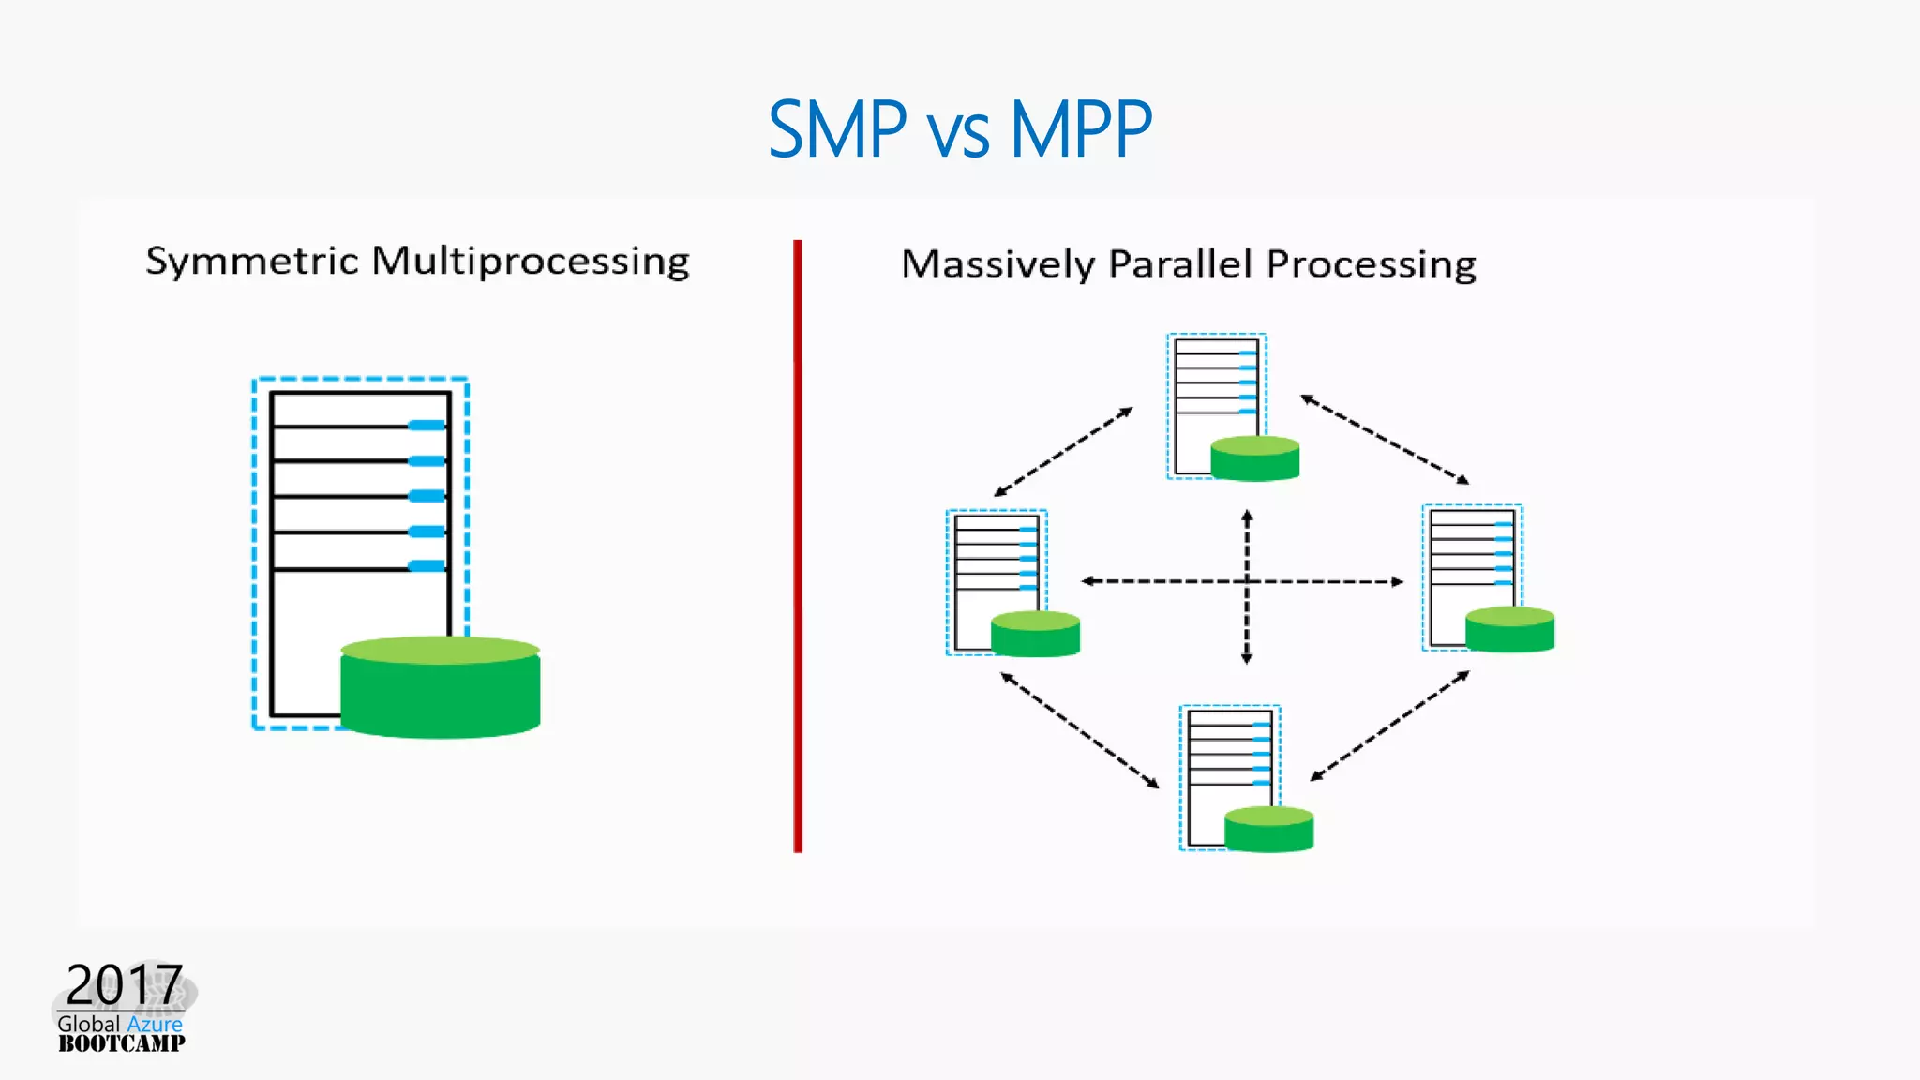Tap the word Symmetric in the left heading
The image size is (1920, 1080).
coord(252,261)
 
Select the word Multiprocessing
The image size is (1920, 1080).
coord(531,262)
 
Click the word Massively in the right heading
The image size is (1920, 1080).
coord(997,264)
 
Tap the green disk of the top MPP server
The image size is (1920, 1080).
coord(1254,459)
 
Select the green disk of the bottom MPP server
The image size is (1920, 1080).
coord(1268,830)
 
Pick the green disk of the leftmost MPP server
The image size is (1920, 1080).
coord(1035,635)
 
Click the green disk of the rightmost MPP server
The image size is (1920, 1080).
coord(1509,630)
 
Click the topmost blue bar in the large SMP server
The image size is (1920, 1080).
coord(427,426)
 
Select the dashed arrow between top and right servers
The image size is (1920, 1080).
coord(1384,440)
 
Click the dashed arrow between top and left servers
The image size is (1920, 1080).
coord(1063,452)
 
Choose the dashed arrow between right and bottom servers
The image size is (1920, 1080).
coord(1389,727)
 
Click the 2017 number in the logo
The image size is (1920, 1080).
coord(124,984)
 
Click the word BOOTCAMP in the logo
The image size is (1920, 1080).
coord(122,1043)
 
